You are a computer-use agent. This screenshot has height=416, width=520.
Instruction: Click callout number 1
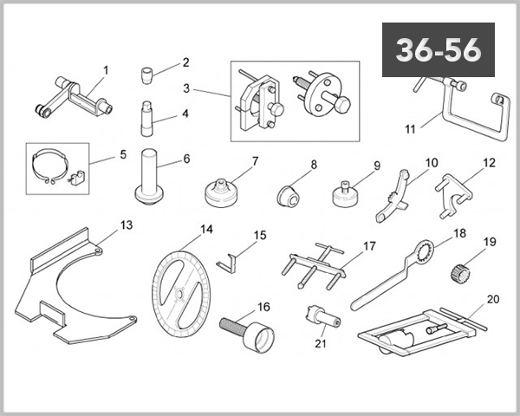tap(106, 68)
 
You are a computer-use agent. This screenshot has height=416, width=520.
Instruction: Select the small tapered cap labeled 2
tap(151, 73)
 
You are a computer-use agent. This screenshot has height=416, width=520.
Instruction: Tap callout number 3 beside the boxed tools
tap(185, 89)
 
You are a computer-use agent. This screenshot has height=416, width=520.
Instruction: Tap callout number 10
tap(432, 162)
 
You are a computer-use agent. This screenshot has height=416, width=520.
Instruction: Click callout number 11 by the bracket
tap(411, 130)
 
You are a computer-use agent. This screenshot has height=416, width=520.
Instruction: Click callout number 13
tap(127, 225)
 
